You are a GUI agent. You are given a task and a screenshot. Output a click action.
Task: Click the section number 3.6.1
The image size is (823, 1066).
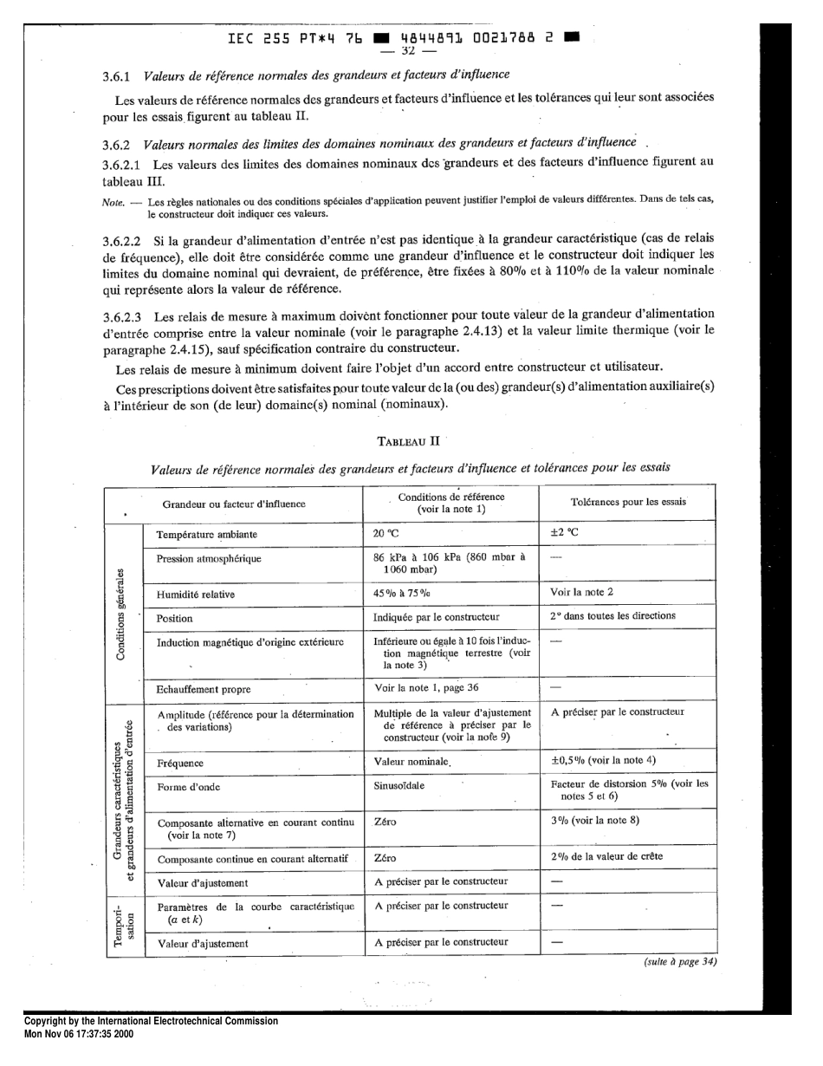click(116, 76)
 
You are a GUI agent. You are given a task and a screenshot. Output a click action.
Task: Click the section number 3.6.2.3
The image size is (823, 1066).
click(125, 315)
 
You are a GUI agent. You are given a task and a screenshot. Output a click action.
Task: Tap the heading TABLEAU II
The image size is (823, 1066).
click(409, 441)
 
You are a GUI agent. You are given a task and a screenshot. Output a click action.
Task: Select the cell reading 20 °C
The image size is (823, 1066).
click(386, 534)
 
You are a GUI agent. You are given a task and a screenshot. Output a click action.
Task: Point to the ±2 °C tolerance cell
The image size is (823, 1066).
click(564, 534)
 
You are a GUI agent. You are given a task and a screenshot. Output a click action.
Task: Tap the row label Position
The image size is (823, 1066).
click(174, 619)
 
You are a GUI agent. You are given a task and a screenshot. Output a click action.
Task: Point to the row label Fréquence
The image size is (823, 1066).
click(180, 764)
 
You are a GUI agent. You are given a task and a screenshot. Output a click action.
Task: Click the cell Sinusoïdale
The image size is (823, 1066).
click(399, 786)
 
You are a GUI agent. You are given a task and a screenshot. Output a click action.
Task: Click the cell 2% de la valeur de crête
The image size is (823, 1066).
click(606, 856)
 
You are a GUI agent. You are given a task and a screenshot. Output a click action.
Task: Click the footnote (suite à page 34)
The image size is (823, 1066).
click(679, 961)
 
